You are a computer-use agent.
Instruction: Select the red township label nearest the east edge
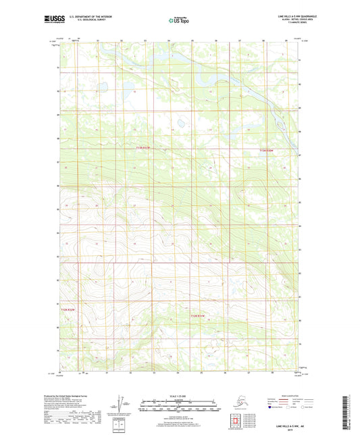pos(267,151)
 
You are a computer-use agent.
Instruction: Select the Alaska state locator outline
pos(232,402)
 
